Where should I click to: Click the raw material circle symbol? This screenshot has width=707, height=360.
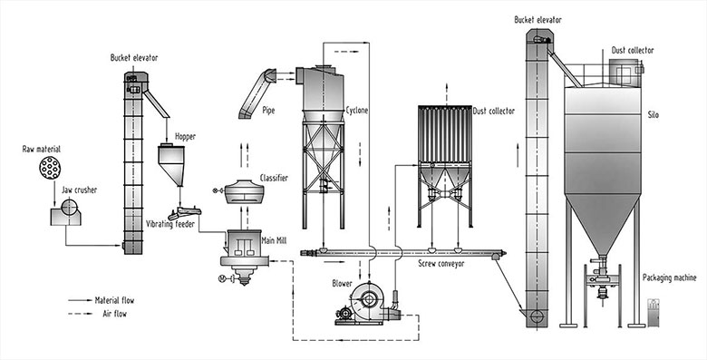50,168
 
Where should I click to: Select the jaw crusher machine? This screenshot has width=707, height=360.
66,212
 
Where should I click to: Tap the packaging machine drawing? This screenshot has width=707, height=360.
654,312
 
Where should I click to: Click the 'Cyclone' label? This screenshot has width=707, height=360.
357,111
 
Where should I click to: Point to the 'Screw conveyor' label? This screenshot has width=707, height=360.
441,264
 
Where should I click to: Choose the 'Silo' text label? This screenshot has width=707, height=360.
653,115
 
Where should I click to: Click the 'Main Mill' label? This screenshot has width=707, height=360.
274,241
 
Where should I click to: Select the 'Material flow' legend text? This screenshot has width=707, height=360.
114,300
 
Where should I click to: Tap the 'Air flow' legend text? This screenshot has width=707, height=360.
115,314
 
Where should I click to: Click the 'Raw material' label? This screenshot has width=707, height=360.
42,149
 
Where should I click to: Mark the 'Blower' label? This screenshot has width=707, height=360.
342,283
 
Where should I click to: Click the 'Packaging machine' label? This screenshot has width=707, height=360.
669,277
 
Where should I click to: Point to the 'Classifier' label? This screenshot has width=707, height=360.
274,179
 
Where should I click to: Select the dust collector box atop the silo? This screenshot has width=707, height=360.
625,73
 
